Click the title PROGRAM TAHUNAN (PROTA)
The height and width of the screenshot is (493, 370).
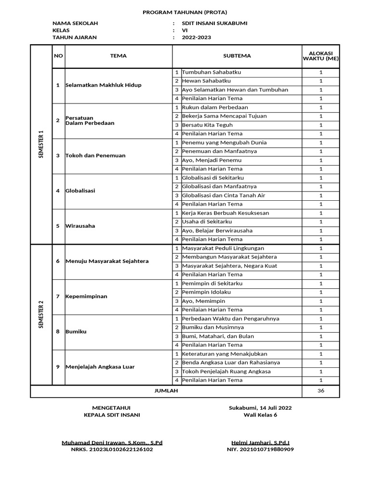tap(185, 12)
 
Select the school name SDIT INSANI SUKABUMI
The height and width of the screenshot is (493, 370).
tap(214, 23)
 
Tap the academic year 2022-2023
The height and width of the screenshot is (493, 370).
tap(196, 38)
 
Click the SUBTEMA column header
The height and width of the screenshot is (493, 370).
tap(237, 56)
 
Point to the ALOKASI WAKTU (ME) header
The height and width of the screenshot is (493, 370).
tap(321, 56)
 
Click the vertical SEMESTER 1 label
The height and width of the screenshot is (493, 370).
tap(41, 144)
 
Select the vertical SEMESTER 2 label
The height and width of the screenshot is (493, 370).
tap(41, 314)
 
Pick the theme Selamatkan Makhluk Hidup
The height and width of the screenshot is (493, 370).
tap(104, 85)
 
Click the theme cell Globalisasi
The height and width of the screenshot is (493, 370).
tap(80, 191)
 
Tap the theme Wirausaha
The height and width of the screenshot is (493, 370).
tap(80, 226)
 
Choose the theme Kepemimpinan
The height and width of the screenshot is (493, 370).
tap(86, 297)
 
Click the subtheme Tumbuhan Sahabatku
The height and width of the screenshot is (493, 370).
tap(211, 72)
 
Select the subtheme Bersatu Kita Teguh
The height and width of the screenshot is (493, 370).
tap(207, 125)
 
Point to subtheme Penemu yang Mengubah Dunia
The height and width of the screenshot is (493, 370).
tap(224, 143)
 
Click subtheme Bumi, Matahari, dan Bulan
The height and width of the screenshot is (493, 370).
tap(218, 336)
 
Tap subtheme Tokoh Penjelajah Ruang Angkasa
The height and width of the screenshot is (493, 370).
tap(226, 371)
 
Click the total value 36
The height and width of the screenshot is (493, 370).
tap(321, 390)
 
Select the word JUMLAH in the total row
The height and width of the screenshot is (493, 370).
tap(166, 390)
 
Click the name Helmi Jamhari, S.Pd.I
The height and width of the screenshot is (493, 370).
tap(260, 442)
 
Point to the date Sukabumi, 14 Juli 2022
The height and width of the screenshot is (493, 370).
tap(260, 408)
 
